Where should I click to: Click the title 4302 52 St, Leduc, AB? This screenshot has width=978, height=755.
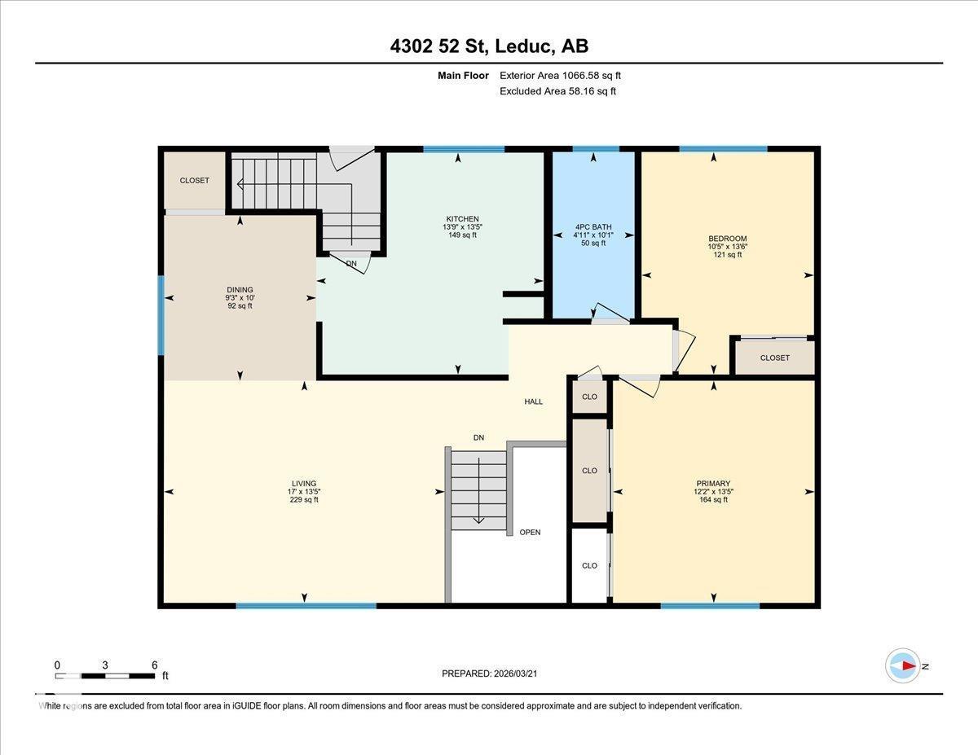(x=489, y=46)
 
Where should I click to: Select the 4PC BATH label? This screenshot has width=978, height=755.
(x=593, y=227)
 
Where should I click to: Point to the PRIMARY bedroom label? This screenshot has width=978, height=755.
(x=712, y=483)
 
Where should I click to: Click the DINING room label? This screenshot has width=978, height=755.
(x=240, y=290)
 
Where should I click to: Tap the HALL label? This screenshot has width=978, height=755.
(x=533, y=402)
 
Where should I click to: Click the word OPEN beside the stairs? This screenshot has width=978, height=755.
(x=530, y=533)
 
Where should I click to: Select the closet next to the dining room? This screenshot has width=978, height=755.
(x=195, y=181)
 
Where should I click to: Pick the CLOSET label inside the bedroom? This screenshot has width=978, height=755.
(x=774, y=358)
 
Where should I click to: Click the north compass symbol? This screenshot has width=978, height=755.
(x=903, y=665)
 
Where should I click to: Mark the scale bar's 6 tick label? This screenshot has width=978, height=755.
(x=154, y=665)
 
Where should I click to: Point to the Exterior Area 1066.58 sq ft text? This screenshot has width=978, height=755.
(x=566, y=76)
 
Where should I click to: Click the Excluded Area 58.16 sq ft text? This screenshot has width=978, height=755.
(x=557, y=91)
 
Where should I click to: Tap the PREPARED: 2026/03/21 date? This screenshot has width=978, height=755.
(x=489, y=674)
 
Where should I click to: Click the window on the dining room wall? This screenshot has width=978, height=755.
(x=161, y=315)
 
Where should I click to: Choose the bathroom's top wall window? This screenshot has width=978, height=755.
(x=595, y=149)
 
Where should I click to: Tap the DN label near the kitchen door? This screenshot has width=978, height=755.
(x=351, y=264)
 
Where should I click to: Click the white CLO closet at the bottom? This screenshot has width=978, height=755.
(x=589, y=565)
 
